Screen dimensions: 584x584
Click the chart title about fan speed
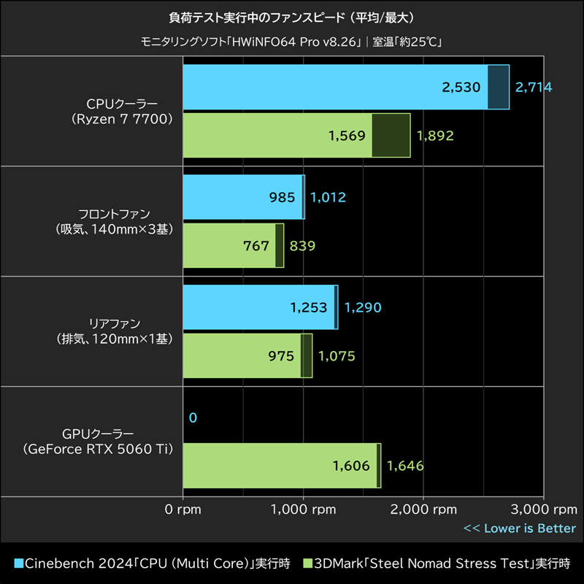point(291,16)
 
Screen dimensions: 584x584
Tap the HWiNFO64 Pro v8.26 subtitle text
point(291,42)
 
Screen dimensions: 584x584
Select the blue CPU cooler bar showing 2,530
point(335,88)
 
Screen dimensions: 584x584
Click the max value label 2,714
point(534,88)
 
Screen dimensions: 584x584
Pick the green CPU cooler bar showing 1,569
point(277,135)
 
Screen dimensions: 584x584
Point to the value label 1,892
point(435,135)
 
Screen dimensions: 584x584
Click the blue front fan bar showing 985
point(242,197)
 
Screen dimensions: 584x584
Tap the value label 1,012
point(328,197)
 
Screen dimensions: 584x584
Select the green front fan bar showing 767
point(229,246)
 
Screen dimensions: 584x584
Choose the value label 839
point(303,246)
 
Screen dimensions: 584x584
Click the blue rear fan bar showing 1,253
point(258,307)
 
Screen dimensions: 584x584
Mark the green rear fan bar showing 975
point(242,356)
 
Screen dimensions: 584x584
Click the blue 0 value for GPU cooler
point(193,418)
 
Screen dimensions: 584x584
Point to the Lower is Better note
point(520,529)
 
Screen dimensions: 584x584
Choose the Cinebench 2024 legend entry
point(153,564)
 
